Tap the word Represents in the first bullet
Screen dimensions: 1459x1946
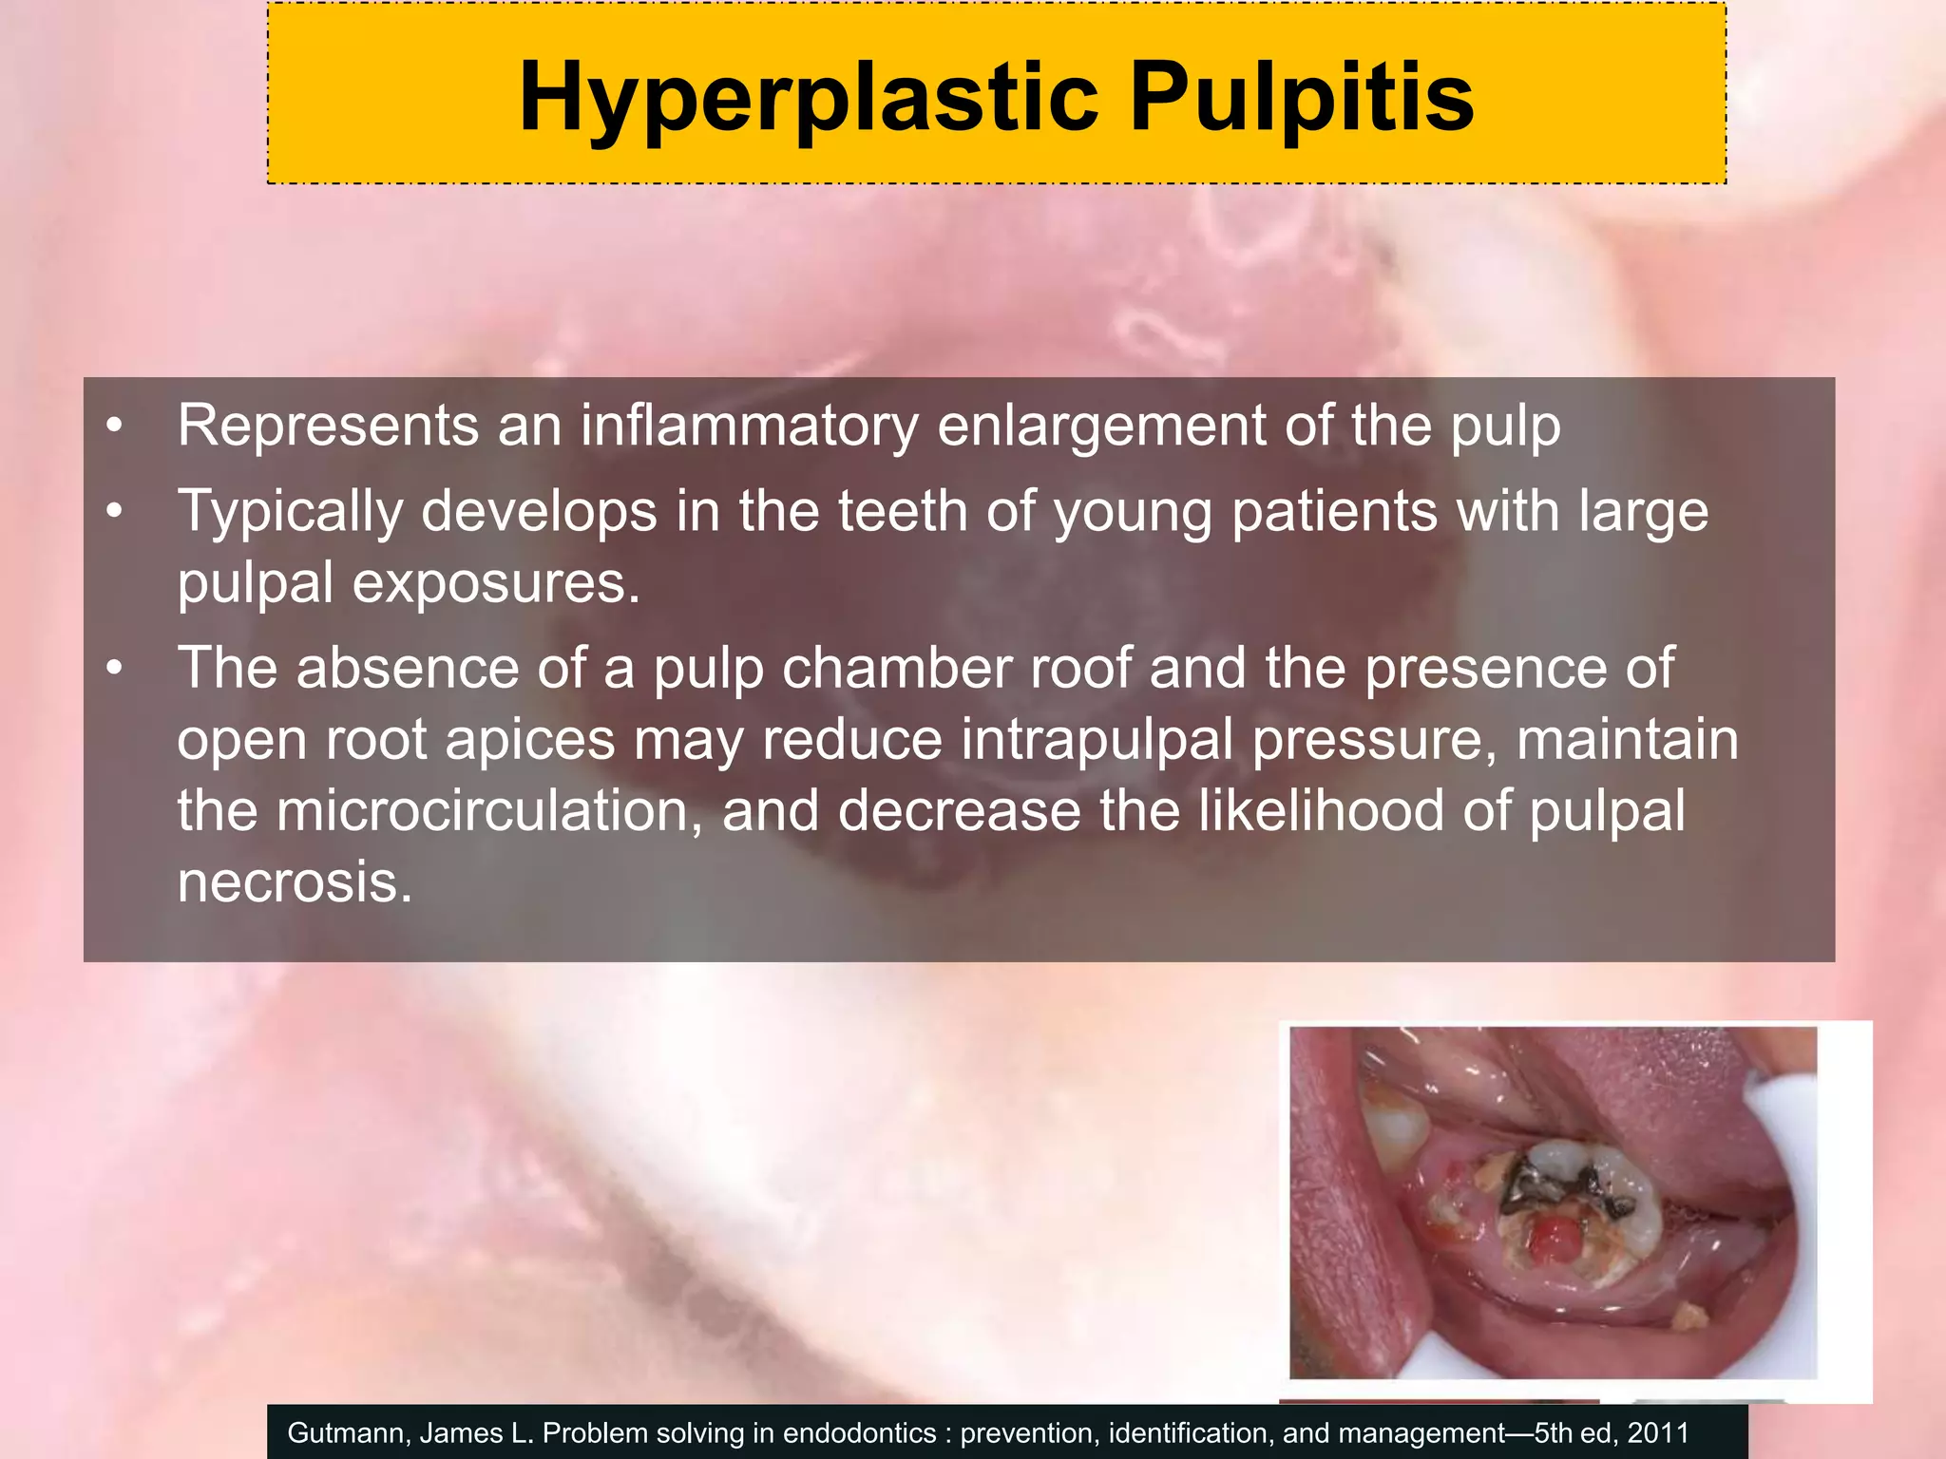[x=328, y=426]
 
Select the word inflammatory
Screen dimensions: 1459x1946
[x=749, y=426]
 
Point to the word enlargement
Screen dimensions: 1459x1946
[x=1101, y=426]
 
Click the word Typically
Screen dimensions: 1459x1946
[x=290, y=513]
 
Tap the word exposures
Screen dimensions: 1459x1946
[x=496, y=582]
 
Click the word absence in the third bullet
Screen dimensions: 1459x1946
[x=408, y=669]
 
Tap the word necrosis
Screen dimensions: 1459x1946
[x=295, y=882]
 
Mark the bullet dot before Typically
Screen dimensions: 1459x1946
[x=115, y=513]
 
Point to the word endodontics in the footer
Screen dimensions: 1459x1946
[x=864, y=1433]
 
